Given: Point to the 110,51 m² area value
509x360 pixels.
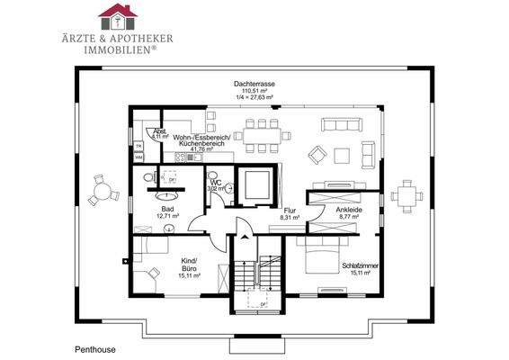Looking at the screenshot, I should [x=254, y=91].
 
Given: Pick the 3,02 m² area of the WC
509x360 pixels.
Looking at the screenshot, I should [x=217, y=189].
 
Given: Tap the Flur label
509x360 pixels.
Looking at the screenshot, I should [x=289, y=210].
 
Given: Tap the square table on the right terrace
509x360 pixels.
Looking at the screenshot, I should [x=407, y=194].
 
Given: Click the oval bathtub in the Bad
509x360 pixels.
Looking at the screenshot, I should [x=165, y=192].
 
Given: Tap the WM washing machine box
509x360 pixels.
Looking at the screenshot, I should [x=138, y=157].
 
